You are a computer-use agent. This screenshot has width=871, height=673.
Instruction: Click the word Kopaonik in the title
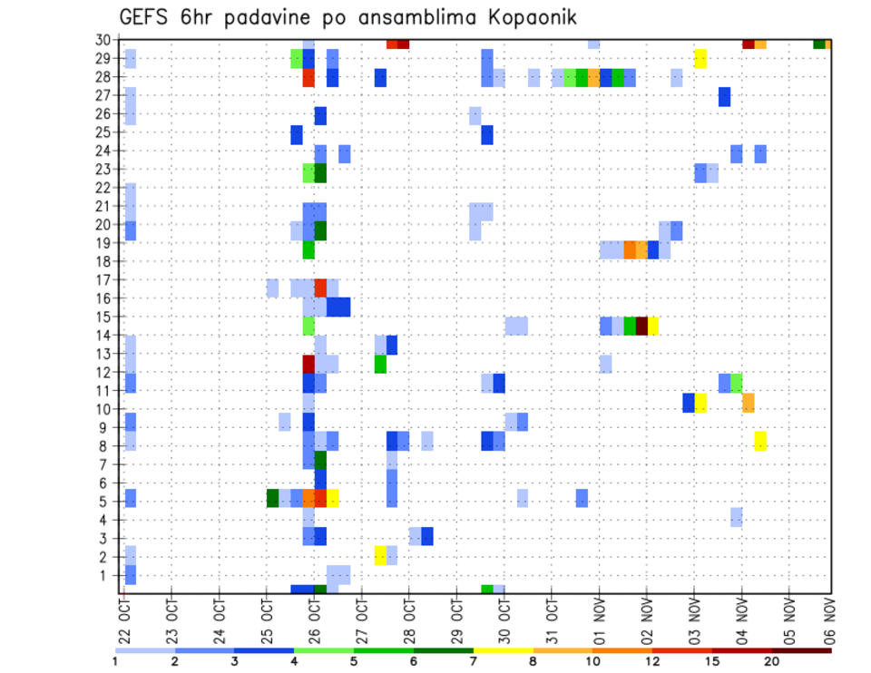(525, 17)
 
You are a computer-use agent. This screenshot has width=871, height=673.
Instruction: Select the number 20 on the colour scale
(772, 661)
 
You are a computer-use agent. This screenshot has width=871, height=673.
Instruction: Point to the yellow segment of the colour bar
(503, 650)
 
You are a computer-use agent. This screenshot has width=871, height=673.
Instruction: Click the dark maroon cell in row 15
(641, 326)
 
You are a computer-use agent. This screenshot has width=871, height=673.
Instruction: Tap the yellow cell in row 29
(700, 59)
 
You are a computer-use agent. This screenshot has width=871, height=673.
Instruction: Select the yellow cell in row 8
(760, 441)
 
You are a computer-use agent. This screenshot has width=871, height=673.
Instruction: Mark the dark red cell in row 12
(308, 364)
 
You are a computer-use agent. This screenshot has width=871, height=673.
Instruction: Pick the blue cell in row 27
(724, 96)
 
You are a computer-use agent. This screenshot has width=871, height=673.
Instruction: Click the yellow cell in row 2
(380, 555)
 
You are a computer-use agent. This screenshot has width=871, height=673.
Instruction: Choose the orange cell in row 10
(749, 403)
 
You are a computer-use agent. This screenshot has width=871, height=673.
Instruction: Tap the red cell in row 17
(320, 288)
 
